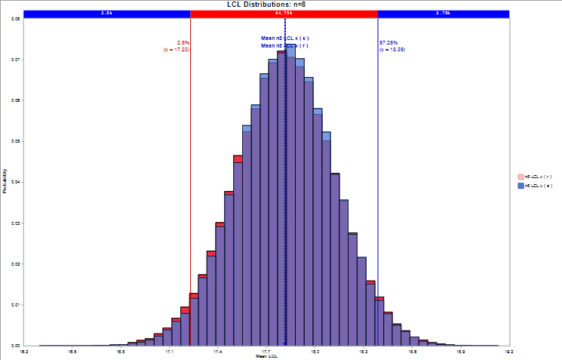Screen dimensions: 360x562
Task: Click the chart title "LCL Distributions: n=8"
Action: [x=267, y=5]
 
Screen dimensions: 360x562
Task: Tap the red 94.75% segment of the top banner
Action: [x=284, y=14]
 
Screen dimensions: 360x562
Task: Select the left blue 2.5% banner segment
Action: [x=107, y=14]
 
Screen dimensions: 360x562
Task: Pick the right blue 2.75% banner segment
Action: [x=444, y=14]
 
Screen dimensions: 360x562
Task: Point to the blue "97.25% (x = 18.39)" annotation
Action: [x=392, y=46]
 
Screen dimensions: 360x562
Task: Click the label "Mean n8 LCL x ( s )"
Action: [x=285, y=38]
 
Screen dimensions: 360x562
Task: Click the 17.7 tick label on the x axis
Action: [x=266, y=351]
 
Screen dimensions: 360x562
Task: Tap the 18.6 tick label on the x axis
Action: [x=413, y=351]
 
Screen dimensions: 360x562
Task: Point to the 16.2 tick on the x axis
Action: [x=24, y=351]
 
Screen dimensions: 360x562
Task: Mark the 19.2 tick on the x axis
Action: [x=510, y=351]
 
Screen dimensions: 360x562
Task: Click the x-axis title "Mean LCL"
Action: [x=267, y=356]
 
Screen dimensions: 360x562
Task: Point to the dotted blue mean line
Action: [x=285, y=189]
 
